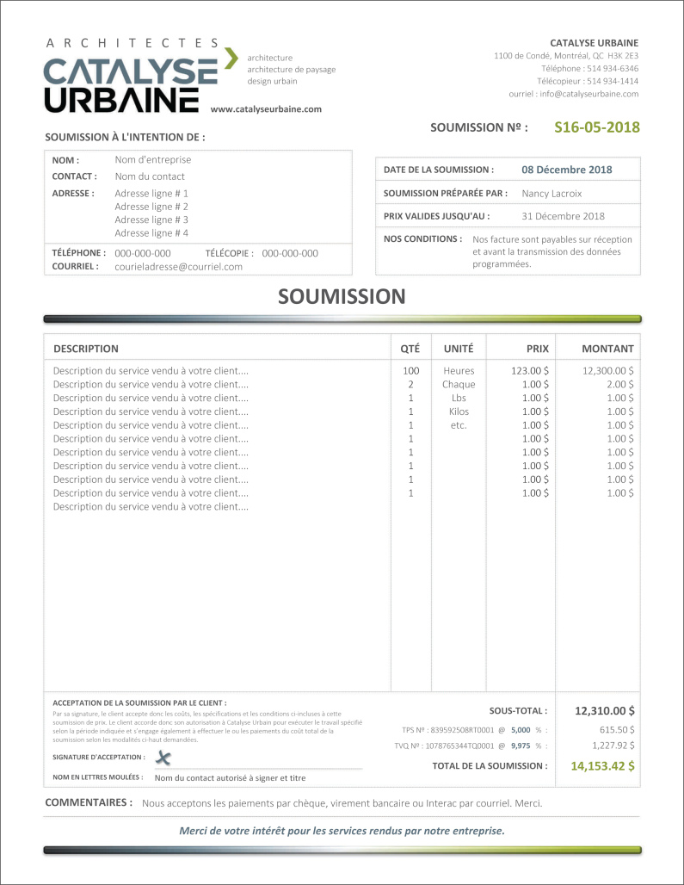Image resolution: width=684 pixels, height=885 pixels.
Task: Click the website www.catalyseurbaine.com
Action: pyautogui.click(x=266, y=109)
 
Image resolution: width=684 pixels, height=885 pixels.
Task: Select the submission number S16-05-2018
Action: pyautogui.click(x=597, y=127)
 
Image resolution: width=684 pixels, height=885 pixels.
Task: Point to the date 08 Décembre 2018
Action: pyautogui.click(x=567, y=170)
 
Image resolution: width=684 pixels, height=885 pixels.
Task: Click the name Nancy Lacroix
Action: pyautogui.click(x=552, y=194)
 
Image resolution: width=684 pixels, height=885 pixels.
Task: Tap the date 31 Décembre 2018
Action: pyautogui.click(x=563, y=216)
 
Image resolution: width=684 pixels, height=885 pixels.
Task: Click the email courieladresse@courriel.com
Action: pyautogui.click(x=179, y=267)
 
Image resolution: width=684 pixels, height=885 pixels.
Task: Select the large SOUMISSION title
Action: pyautogui.click(x=342, y=297)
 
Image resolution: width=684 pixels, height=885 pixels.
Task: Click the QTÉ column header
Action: pyautogui.click(x=410, y=349)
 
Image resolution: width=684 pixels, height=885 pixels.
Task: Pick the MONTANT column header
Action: pyautogui.click(x=607, y=349)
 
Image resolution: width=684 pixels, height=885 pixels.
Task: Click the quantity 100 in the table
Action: pyautogui.click(x=410, y=371)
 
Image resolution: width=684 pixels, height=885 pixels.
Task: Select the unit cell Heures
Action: pyautogui.click(x=459, y=371)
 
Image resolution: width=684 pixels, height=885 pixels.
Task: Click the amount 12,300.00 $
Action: pyautogui.click(x=607, y=371)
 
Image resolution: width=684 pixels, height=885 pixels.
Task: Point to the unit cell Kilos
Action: pyautogui.click(x=459, y=412)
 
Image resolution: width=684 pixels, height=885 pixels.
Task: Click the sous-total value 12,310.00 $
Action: pyautogui.click(x=605, y=711)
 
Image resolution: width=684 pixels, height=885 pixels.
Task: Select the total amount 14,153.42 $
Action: pyautogui.click(x=603, y=765)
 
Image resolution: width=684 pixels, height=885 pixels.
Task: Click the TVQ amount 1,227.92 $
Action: pyautogui.click(x=613, y=746)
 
